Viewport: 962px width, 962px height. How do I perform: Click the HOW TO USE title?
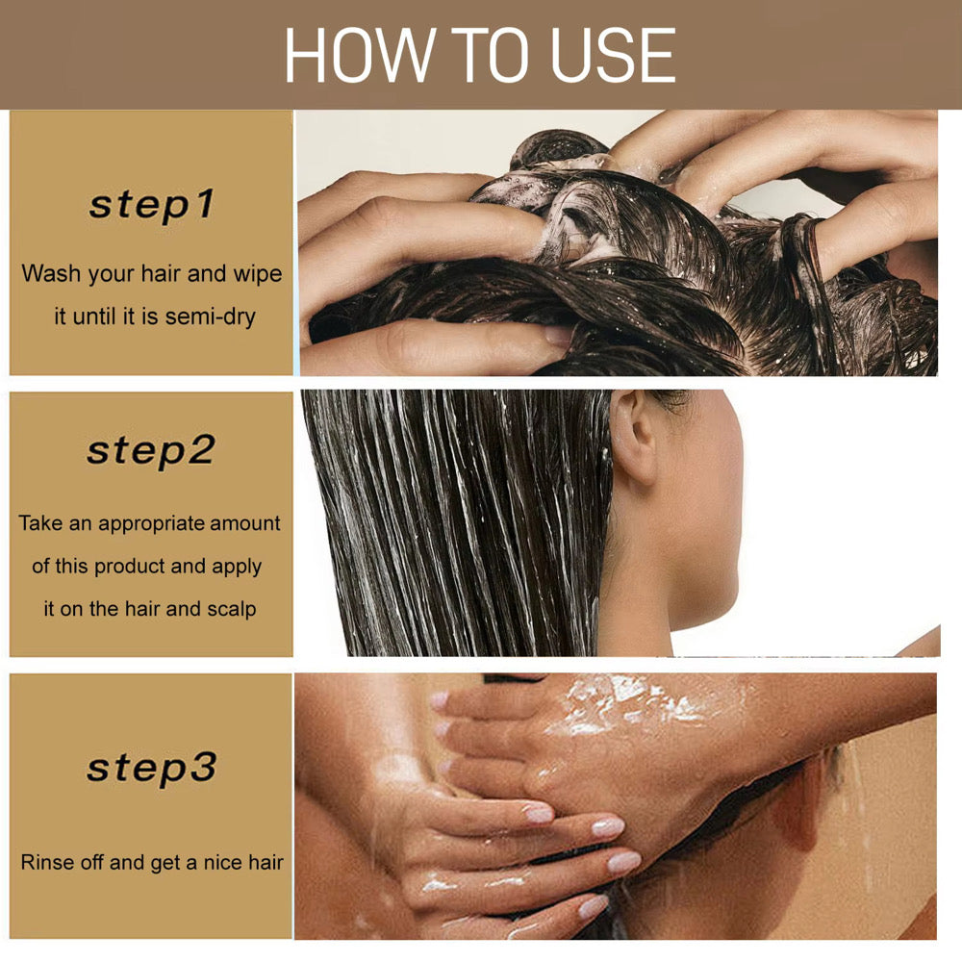tap(480, 55)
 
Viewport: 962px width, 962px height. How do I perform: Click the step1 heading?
tap(151, 205)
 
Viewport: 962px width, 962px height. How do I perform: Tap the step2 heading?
tap(151, 449)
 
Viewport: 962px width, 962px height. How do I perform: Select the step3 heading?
tap(151, 767)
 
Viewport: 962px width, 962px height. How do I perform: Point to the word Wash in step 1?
tap(51, 273)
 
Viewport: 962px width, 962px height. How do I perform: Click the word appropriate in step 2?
tap(151, 523)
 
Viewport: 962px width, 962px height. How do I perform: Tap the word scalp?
tap(231, 609)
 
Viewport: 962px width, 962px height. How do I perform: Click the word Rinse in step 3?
tap(47, 862)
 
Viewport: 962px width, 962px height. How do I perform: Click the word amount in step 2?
tap(245, 523)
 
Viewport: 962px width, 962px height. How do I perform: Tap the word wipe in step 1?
tap(257, 273)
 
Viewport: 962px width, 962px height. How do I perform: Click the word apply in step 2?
tap(237, 567)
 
